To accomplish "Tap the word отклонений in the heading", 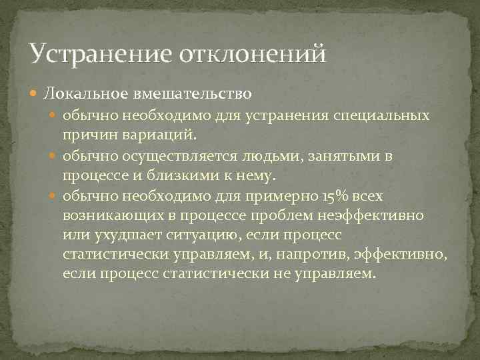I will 253,53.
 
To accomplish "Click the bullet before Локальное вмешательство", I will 37,89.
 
